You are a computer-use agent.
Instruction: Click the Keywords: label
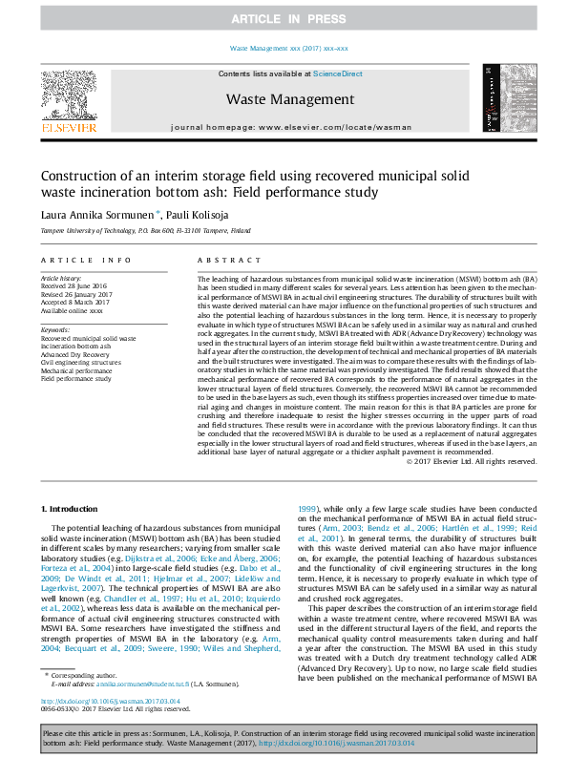coord(55,329)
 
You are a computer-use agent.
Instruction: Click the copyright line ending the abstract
coord(472,461)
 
